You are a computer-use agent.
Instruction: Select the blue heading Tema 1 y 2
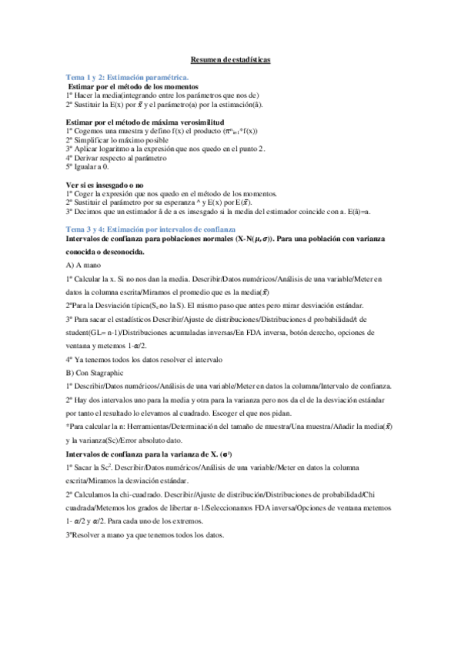[x=127, y=78]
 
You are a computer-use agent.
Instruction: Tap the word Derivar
[x=90, y=157]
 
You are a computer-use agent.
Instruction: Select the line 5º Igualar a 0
[x=87, y=166]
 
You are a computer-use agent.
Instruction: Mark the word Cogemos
[x=94, y=131]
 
